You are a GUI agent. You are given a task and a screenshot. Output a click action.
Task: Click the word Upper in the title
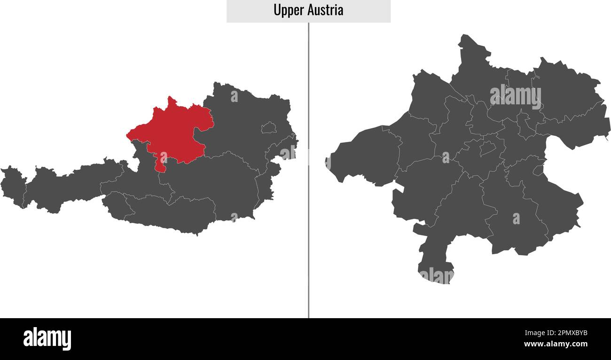point(289,10)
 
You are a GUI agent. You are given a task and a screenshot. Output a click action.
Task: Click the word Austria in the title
point(326,10)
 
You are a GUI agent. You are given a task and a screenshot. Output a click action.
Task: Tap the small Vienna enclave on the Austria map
point(268,127)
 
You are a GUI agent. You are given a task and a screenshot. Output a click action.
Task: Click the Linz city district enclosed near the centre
point(488,149)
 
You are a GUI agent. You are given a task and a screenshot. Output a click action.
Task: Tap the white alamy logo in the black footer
point(47,338)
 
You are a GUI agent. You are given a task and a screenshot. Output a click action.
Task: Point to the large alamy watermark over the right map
point(515,96)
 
